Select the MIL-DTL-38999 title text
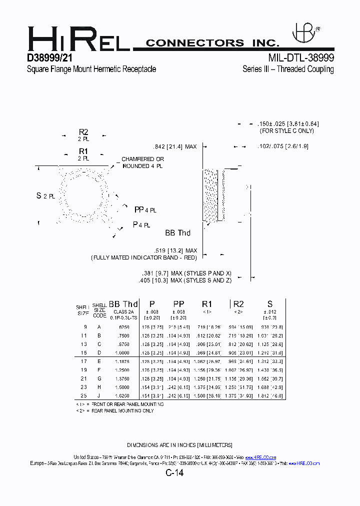point(300,58)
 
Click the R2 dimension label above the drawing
point(83,132)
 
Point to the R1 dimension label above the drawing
point(83,151)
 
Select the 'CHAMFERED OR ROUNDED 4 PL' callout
point(142,162)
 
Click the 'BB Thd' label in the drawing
point(177,232)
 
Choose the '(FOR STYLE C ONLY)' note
point(286,130)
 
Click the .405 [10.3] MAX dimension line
point(186,280)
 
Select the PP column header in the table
point(178,304)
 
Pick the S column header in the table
point(269,304)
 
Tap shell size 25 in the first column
point(83,395)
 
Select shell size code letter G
point(99,378)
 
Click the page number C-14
point(174,473)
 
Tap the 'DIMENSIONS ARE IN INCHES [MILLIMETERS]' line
point(179,445)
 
